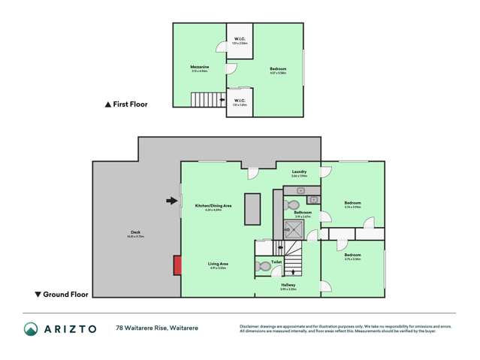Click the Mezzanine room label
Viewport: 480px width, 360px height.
point(199,68)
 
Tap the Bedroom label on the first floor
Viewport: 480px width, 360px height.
point(278,69)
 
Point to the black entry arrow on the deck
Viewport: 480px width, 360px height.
point(172,201)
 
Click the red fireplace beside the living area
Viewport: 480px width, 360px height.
point(177,265)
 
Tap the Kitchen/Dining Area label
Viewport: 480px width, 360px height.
point(213,206)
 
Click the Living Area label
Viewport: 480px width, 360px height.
point(219,264)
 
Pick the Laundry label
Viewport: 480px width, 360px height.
point(299,172)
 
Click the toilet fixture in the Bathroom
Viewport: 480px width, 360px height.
point(294,204)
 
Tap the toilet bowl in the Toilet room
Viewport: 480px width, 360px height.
point(264,266)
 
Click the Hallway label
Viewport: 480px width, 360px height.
point(288,285)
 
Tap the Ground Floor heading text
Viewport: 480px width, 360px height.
point(65,294)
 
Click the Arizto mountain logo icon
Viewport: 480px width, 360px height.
point(30,328)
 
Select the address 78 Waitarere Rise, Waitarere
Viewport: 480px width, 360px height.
point(158,328)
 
